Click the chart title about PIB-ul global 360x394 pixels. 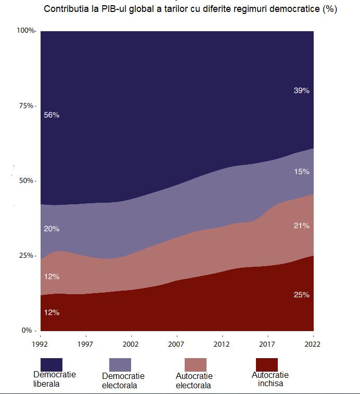[x=190, y=9]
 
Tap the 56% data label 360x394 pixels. [x=52, y=115]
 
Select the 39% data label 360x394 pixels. [x=301, y=90]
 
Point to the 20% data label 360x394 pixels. [x=52, y=229]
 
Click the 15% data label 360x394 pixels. [x=302, y=172]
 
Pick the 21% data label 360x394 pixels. [x=302, y=226]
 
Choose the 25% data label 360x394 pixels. [x=302, y=295]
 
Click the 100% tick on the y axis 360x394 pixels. [x=25, y=31]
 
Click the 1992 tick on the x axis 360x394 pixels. [x=40, y=344]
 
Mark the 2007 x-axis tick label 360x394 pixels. [x=177, y=344]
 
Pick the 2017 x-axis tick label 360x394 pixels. [x=267, y=344]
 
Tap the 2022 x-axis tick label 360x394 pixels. [x=313, y=344]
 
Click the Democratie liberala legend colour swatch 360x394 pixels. [x=52, y=364]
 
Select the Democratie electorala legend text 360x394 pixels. [x=123, y=381]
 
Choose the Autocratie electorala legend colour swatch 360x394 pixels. [x=196, y=364]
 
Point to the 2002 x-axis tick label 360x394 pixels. [x=131, y=344]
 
